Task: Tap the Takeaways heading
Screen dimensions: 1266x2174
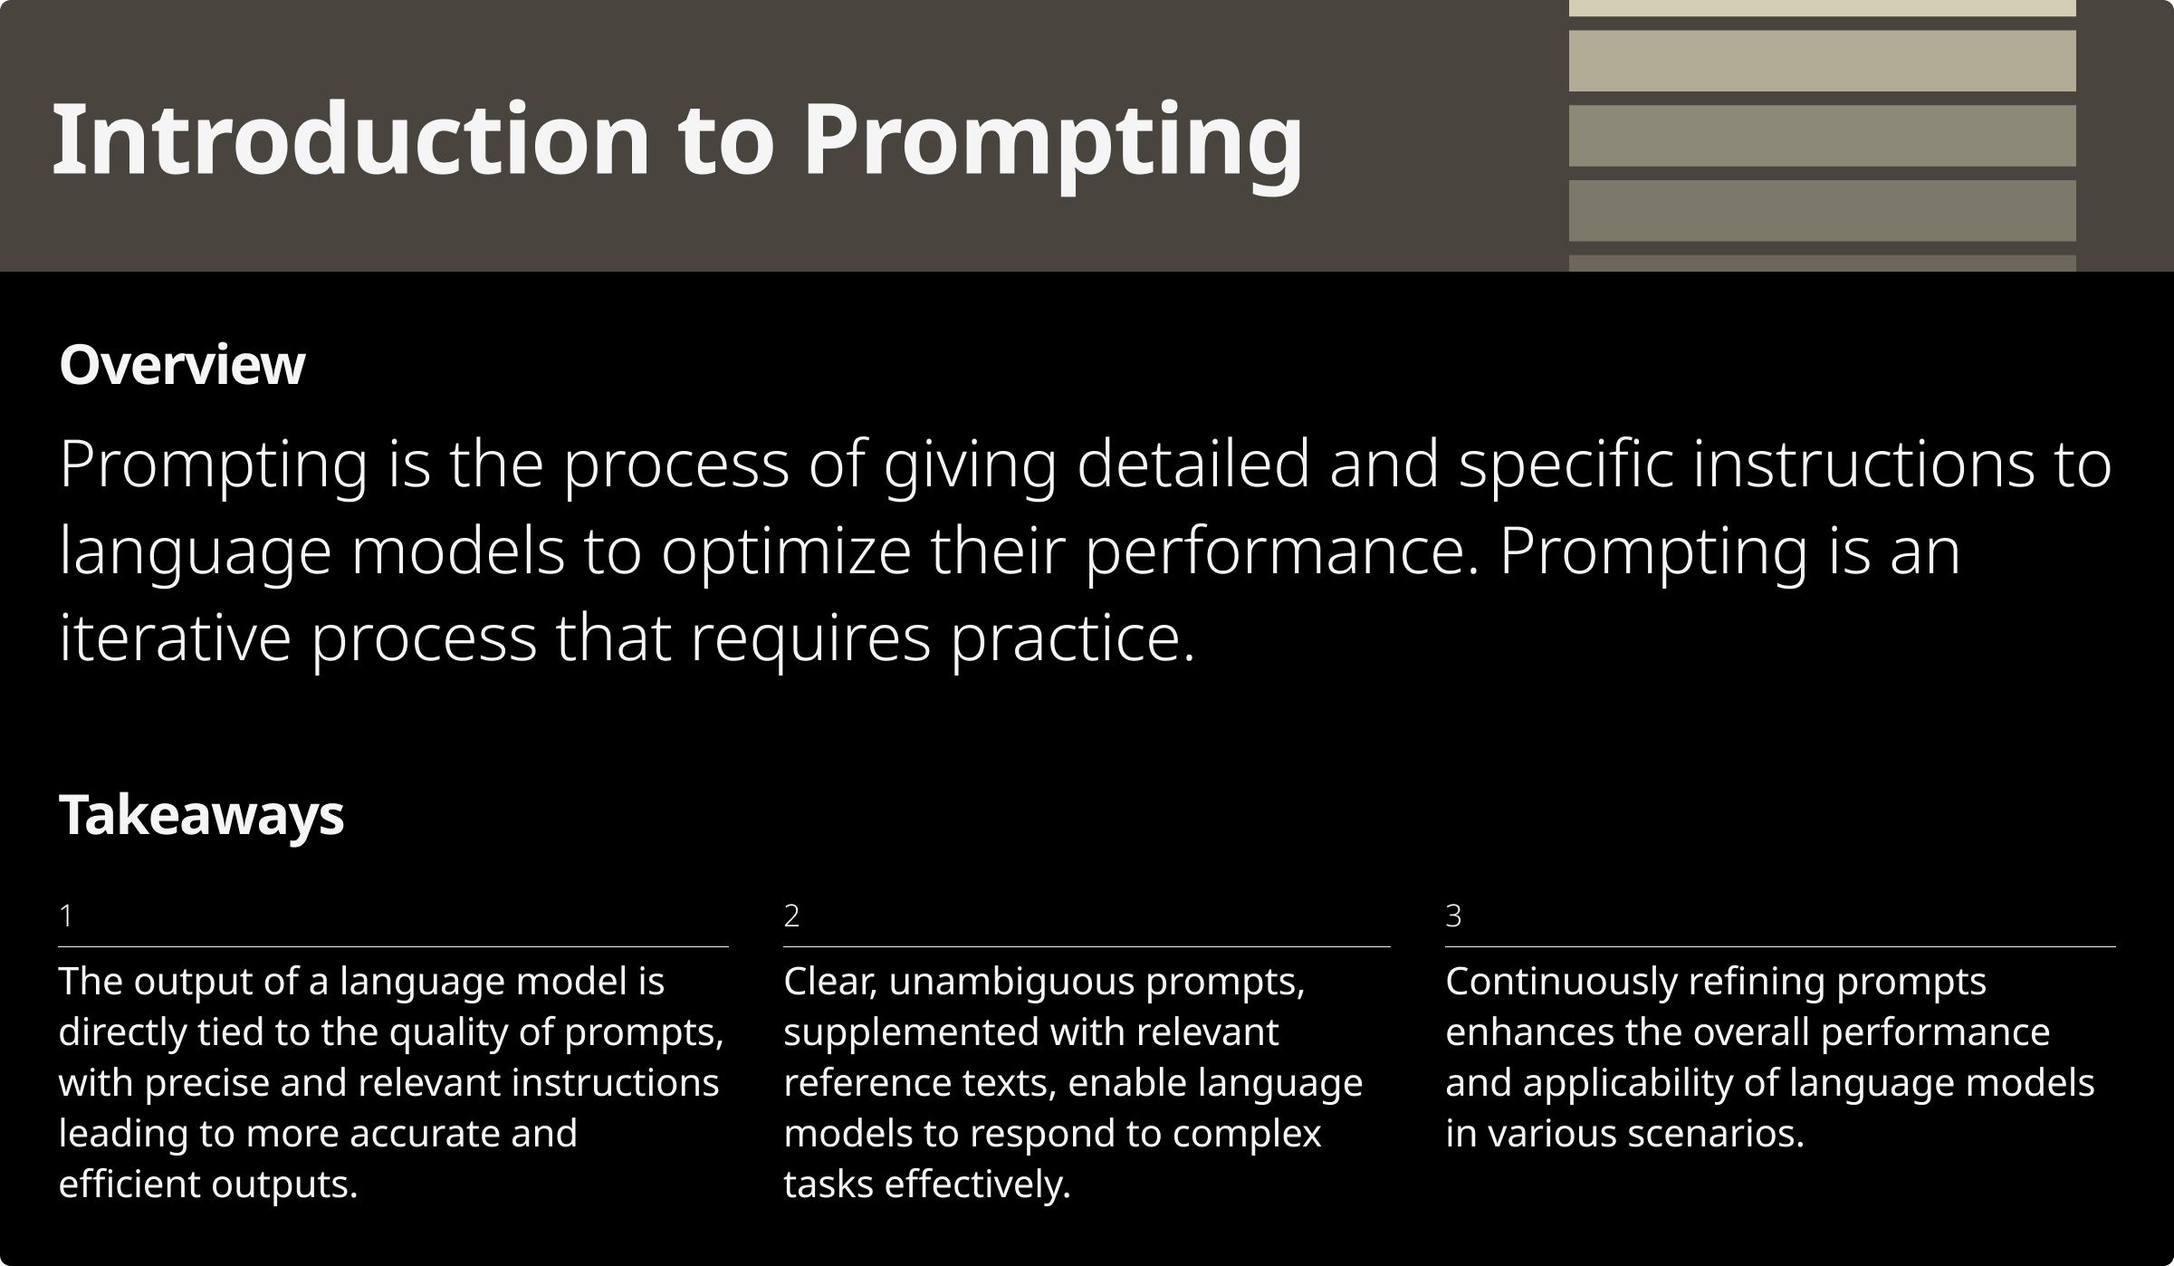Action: pyautogui.click(x=201, y=815)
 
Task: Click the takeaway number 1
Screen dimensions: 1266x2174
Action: pyautogui.click(x=65, y=916)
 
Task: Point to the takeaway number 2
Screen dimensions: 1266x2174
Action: pyautogui.click(x=791, y=916)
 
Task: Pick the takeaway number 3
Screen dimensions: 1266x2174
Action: pyautogui.click(x=1453, y=916)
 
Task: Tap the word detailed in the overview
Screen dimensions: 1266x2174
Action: pyautogui.click(x=1192, y=465)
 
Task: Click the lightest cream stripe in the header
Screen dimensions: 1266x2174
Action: pyautogui.click(x=1822, y=7)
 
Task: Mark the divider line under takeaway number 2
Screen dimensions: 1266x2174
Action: pyautogui.click(x=1086, y=946)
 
